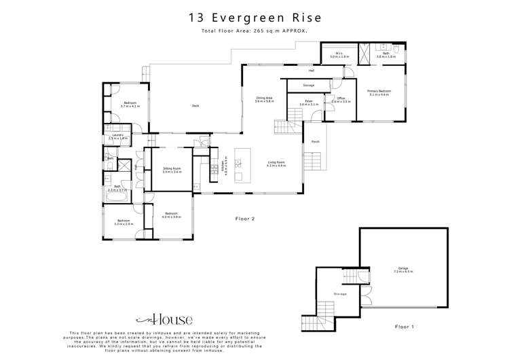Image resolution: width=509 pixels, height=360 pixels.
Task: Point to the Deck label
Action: pos(195,105)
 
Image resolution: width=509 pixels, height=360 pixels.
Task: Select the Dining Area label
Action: pos(264,98)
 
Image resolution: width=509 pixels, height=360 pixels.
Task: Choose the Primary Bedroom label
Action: pos(379,92)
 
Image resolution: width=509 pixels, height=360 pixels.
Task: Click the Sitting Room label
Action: pos(171,170)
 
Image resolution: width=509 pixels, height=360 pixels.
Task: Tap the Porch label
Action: pos(316,141)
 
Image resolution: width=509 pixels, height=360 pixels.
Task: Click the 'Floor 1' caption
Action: pos(404,326)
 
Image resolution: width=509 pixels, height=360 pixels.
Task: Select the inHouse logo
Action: pos(164,319)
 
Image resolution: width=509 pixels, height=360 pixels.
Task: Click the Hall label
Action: pos(312,70)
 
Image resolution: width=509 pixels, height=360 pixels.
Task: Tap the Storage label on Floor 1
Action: pos(340,294)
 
